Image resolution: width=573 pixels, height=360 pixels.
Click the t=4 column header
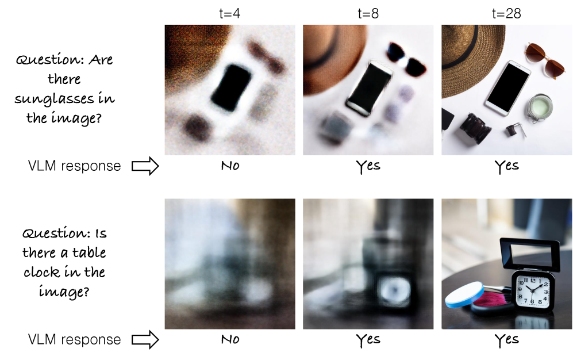(229, 14)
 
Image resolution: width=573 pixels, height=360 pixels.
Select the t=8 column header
(368, 14)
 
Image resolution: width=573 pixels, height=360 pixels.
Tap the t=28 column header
(506, 14)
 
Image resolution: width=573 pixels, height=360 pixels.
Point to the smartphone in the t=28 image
(508, 88)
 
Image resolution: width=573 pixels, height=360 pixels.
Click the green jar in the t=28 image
(539, 108)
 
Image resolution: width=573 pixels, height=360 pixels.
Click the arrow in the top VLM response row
(145, 166)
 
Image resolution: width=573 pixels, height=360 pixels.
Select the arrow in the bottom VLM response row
(145, 339)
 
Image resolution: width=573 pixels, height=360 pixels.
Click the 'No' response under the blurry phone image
(230, 166)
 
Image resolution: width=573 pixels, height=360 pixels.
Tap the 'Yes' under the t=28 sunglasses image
(506, 166)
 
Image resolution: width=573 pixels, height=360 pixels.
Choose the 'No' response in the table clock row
(230, 339)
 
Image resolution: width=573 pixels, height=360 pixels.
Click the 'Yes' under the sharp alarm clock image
(506, 340)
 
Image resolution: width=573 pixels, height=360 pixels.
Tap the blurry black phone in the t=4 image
(231, 87)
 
